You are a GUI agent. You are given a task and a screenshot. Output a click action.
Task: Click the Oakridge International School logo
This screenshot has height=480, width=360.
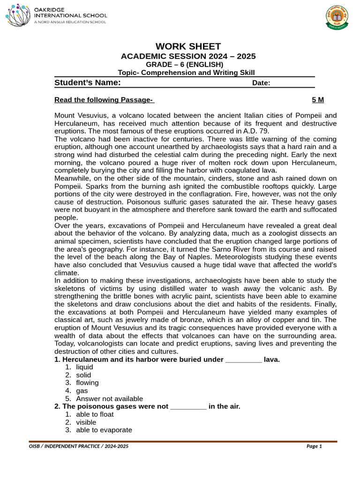56,15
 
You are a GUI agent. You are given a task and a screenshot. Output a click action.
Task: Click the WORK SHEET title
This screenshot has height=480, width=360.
188,46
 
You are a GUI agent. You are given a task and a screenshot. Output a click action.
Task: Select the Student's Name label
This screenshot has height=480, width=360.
88,83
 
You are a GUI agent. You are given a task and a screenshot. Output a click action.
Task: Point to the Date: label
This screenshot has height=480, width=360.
261,83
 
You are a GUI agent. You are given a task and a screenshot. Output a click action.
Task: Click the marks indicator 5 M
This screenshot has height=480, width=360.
318,100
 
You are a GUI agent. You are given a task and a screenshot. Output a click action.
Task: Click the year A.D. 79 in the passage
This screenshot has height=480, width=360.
256,131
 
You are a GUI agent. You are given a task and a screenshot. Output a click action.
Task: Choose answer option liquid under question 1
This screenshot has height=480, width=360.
84,367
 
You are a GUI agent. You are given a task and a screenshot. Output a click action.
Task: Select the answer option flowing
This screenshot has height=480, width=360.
87,383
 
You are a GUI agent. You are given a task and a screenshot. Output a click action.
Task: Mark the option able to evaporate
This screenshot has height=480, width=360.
104,430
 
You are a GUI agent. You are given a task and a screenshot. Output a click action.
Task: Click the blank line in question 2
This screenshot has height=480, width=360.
188,407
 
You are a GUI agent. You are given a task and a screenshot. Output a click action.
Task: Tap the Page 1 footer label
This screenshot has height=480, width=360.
314,446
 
